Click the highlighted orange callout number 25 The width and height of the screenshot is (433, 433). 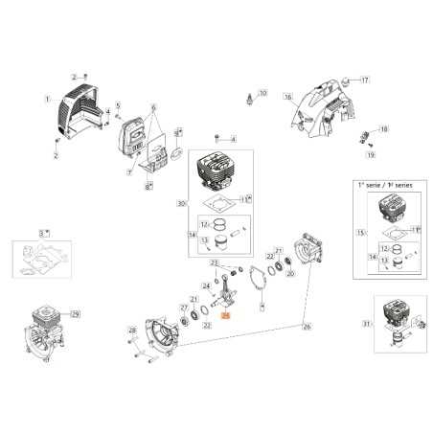[x=226, y=313]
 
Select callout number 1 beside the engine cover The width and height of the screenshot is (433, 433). [x=47, y=99]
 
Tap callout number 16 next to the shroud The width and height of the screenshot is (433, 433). [x=287, y=98]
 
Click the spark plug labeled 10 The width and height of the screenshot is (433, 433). [x=254, y=97]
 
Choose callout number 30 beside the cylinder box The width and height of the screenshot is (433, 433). [x=181, y=204]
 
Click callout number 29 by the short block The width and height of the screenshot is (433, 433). [x=76, y=314]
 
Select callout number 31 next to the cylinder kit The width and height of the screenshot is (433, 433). [x=365, y=324]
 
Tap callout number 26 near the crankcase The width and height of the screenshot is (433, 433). [x=307, y=328]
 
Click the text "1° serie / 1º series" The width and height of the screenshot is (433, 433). [x=382, y=183]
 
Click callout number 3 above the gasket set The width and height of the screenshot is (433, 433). [x=42, y=232]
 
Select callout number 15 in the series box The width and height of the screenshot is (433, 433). [x=360, y=233]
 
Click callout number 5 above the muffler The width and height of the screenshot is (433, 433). [x=118, y=104]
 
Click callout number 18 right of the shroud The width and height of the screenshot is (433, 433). [x=384, y=128]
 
